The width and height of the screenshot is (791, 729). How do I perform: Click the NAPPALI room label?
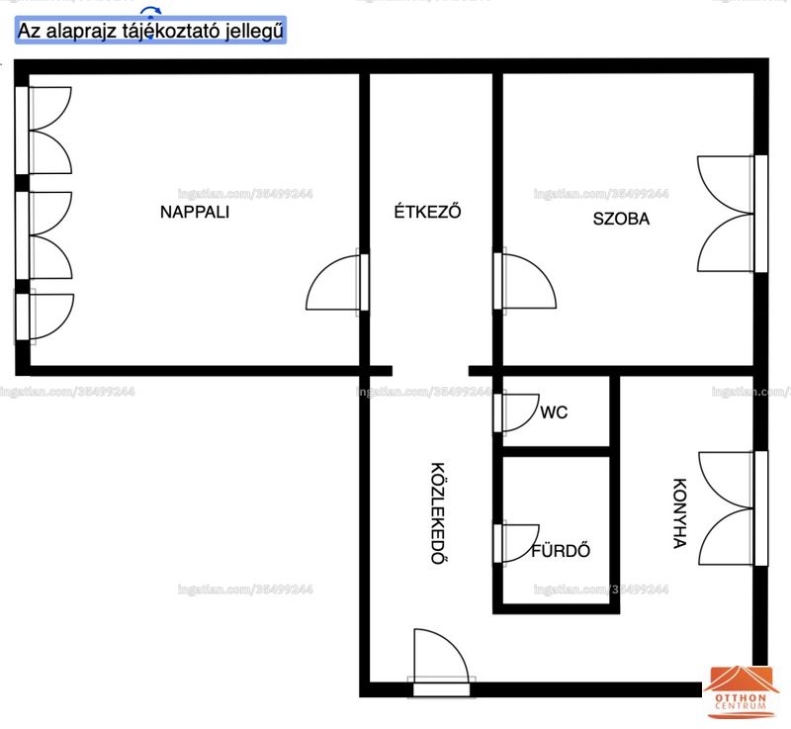(195, 212)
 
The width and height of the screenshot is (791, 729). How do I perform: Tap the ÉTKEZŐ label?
(427, 211)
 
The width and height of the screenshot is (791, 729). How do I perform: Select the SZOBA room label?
(621, 219)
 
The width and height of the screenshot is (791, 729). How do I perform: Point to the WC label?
(554, 412)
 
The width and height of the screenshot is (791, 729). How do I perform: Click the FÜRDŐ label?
(561, 550)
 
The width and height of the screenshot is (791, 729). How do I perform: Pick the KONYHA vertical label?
(680, 513)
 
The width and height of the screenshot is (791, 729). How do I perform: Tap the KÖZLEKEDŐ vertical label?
(438, 512)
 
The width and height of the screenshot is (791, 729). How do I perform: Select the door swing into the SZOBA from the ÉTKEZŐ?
(539, 273)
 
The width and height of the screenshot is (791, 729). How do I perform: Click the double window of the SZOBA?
(733, 214)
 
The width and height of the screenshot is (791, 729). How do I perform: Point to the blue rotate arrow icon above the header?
(150, 11)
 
